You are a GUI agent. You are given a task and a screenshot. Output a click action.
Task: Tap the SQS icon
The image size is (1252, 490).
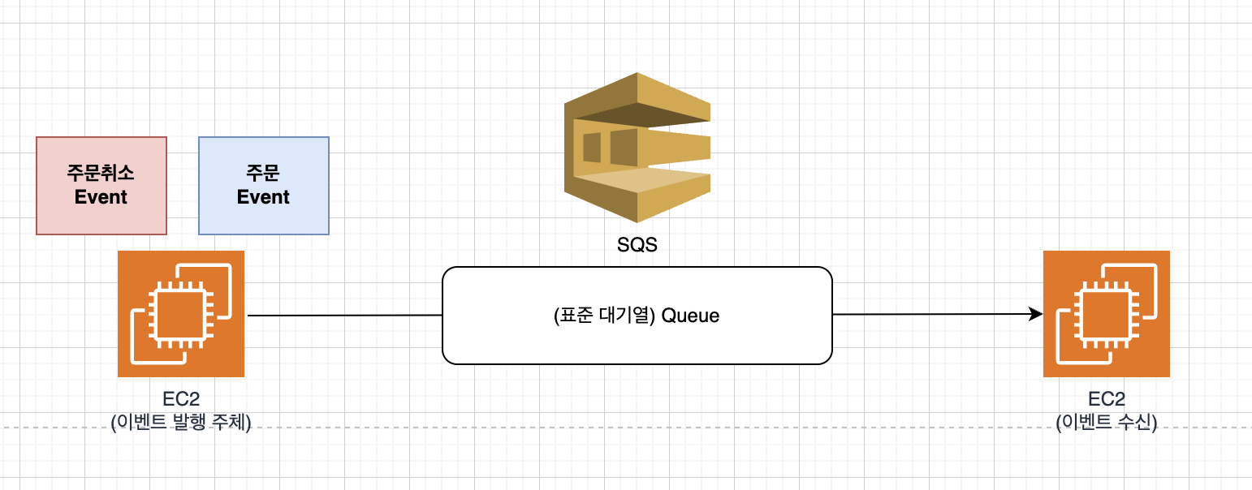[x=637, y=148]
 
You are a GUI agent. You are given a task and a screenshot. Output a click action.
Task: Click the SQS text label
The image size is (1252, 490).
[x=637, y=244]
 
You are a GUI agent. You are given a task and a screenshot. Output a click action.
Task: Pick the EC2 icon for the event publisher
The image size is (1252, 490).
[x=181, y=314]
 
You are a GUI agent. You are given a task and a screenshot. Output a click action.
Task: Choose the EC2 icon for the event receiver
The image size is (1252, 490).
[x=1107, y=314]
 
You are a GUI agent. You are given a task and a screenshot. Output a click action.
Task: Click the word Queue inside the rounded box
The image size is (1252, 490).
[x=690, y=316]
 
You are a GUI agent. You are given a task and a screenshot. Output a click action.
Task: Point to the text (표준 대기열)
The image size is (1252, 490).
[x=604, y=316]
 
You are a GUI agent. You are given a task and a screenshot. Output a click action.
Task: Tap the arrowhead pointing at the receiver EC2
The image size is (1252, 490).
[x=1036, y=314]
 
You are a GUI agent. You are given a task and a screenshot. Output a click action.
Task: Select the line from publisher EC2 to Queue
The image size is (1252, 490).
[x=345, y=315]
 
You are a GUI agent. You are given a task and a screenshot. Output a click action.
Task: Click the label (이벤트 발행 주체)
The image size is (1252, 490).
[x=181, y=421]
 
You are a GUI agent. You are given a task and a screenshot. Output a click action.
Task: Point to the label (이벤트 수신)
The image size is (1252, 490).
[x=1107, y=421]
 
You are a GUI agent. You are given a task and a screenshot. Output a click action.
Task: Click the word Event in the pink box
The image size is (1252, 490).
[x=101, y=197]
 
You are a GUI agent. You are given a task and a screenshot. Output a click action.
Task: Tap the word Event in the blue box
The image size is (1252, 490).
[x=264, y=197]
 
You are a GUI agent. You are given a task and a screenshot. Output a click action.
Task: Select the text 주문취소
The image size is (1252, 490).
[x=101, y=173]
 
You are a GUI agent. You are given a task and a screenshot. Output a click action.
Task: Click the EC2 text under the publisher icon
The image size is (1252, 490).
[x=181, y=398]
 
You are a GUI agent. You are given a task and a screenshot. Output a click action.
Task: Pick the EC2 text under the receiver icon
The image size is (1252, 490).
[x=1107, y=398]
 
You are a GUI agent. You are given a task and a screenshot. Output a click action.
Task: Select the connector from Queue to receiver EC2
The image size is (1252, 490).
[x=934, y=314]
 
